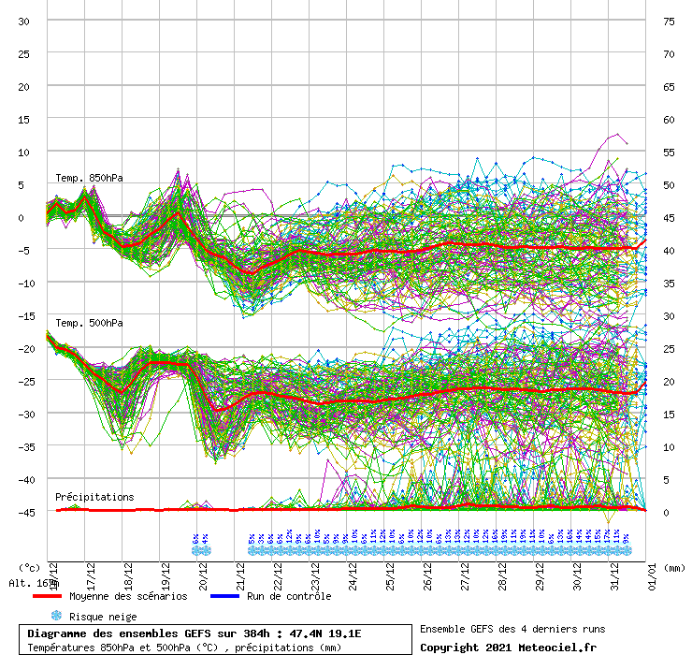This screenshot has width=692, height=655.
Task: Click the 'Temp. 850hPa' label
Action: [89, 178]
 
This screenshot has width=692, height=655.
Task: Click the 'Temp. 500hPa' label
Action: [89, 323]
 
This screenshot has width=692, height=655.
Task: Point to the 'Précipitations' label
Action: [94, 497]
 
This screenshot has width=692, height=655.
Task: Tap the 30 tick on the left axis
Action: [24, 21]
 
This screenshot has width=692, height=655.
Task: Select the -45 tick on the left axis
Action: [24, 512]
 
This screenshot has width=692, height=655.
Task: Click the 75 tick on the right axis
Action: [669, 21]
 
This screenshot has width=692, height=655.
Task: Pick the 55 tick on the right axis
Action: [669, 152]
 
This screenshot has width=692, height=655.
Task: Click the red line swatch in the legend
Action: [47, 596]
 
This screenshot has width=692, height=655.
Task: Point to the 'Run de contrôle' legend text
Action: [289, 596]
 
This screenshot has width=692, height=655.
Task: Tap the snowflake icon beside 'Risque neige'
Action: [55, 616]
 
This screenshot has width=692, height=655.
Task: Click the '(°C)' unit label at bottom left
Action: [30, 567]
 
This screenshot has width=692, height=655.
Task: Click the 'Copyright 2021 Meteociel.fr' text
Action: [508, 647]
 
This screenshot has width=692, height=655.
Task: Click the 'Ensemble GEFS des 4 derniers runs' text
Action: [512, 629]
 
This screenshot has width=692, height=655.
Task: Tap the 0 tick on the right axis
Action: [666, 512]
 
